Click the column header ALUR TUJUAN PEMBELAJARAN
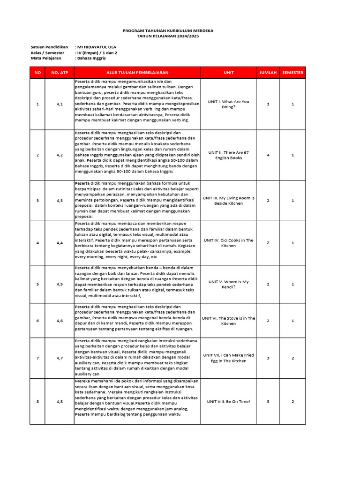137,73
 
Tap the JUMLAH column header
268,73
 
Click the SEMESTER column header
292,73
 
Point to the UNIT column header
229,73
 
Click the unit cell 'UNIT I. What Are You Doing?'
229,104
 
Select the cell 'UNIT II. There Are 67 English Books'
229,155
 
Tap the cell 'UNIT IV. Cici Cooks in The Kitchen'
229,243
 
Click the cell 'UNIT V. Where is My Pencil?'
229,284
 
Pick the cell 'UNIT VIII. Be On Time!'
229,401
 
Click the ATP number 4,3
60,201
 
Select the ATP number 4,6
60,321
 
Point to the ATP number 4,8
60,401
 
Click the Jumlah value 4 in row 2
268,155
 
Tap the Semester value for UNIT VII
292,358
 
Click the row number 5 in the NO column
37,284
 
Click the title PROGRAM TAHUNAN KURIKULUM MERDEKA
168,30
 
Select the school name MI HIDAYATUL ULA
97,47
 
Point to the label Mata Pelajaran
46,58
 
